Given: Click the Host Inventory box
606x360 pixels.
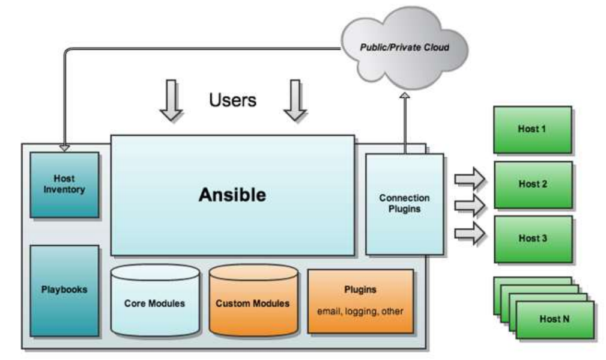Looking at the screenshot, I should (x=64, y=185).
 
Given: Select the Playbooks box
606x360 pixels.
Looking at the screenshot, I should (x=64, y=290).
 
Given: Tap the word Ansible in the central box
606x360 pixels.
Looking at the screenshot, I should (x=232, y=196).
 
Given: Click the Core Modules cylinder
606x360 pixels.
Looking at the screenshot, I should (x=155, y=303).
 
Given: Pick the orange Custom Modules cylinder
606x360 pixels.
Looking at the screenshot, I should (x=252, y=302).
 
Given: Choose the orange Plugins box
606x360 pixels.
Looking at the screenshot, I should (x=360, y=301).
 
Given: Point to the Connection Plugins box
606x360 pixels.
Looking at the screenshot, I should (x=404, y=203).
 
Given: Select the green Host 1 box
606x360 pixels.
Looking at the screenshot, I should (x=532, y=130).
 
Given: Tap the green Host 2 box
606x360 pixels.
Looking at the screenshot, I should (x=532, y=184).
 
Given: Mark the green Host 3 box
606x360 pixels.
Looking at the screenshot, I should (x=532, y=239).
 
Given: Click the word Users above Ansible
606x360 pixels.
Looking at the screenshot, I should (x=232, y=100).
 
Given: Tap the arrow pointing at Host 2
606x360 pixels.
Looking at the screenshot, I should (x=469, y=205).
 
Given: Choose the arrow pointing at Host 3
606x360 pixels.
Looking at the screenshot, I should (x=469, y=233).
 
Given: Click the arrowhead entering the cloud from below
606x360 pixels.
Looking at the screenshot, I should (x=405, y=97).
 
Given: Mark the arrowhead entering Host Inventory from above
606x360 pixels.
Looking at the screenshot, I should (x=64, y=148).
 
